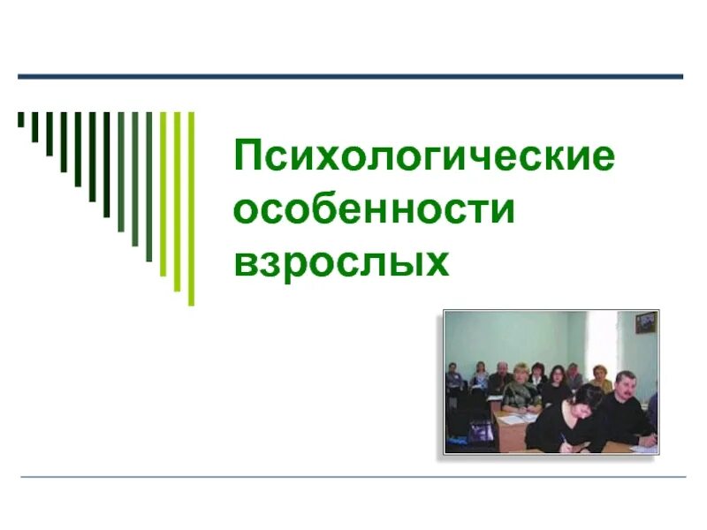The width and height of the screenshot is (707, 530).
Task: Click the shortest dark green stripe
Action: pos(21,119)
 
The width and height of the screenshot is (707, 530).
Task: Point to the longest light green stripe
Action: pos(191,208)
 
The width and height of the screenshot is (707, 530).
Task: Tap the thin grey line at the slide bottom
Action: pos(353,478)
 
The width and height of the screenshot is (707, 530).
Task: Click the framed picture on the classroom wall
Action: pos(645,323)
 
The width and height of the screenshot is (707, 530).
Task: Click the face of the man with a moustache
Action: pos(625,390)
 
